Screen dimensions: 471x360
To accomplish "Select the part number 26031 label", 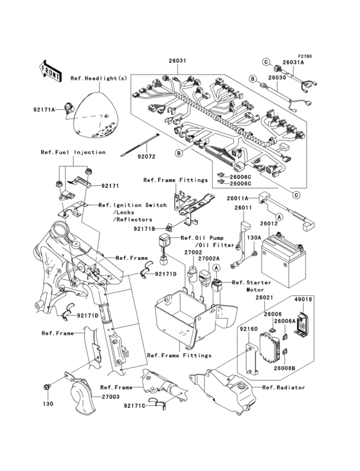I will (178, 60).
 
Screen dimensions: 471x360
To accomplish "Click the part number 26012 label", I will (269, 224).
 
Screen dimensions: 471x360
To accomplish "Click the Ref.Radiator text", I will (283, 387).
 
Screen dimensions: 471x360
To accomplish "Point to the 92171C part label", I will (134, 406).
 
